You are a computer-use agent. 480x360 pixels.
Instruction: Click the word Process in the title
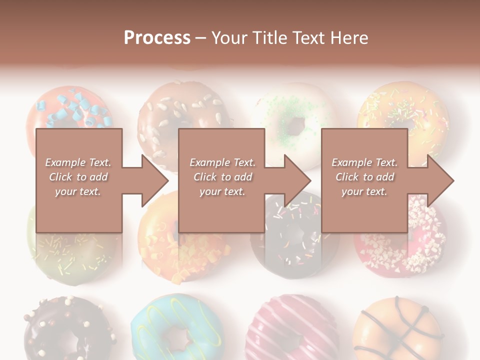click(157, 38)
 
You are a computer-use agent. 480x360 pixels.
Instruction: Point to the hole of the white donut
click(295, 125)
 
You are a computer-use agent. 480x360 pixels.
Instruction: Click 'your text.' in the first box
click(78, 191)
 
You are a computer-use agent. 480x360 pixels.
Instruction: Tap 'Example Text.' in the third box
click(364, 162)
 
